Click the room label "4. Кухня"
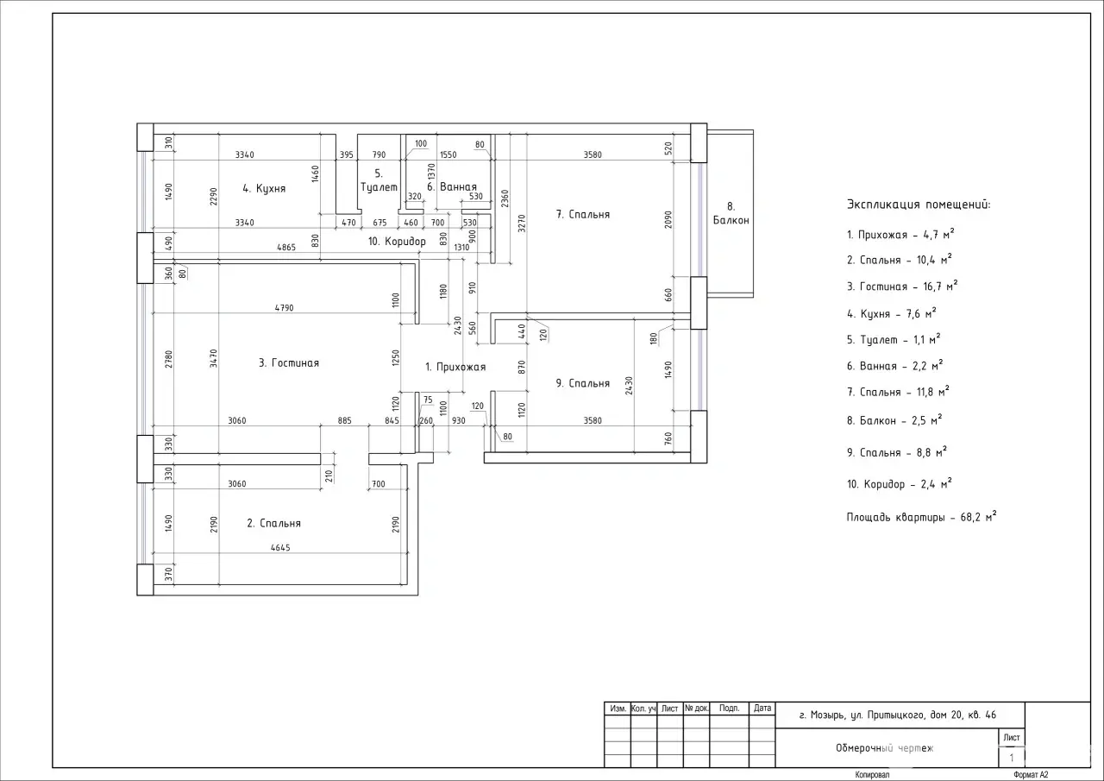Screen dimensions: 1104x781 click(x=264, y=188)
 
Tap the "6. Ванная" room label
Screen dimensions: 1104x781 click(x=452, y=187)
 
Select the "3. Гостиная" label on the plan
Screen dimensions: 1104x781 click(x=289, y=363)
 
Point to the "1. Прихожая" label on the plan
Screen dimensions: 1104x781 click(x=455, y=367)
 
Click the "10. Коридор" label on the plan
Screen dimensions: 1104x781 click(x=398, y=242)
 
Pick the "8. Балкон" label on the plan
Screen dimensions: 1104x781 click(x=731, y=213)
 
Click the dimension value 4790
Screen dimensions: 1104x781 click(x=285, y=308)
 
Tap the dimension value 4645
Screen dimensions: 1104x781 click(x=280, y=547)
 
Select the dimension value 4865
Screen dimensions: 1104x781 click(x=286, y=247)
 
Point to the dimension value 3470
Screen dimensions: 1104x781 click(x=213, y=358)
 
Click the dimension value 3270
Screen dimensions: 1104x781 click(x=522, y=223)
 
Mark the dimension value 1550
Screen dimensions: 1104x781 click(x=448, y=154)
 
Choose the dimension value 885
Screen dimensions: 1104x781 click(x=344, y=420)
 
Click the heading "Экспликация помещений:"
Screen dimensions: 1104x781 click(x=919, y=205)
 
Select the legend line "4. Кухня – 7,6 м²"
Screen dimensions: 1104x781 click(x=891, y=313)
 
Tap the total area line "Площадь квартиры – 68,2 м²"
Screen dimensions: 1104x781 click(x=922, y=517)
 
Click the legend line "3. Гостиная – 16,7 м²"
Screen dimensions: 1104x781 click(x=902, y=286)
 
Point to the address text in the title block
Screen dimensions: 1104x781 click(x=898, y=715)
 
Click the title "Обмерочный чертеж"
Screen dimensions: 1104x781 click(x=885, y=748)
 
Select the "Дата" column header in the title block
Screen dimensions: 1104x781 click(x=762, y=708)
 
